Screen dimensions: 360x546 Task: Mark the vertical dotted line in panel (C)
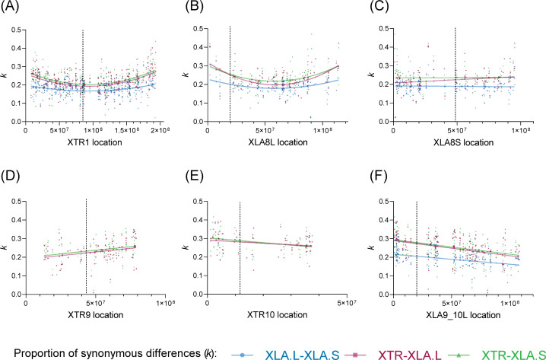click(456, 76)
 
